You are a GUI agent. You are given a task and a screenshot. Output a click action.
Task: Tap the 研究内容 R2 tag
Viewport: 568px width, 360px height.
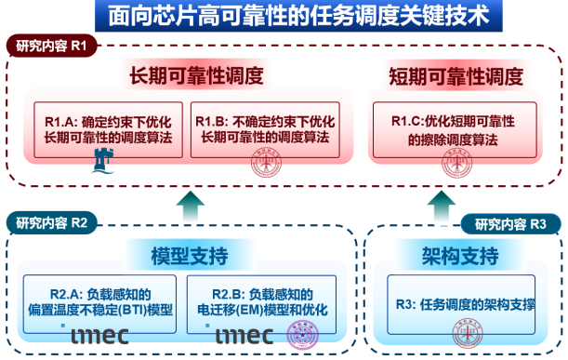52,222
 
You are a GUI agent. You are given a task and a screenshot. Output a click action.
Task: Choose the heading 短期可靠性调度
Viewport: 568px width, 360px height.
456,76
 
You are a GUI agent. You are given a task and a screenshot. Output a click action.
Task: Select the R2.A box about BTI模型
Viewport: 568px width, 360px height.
100,300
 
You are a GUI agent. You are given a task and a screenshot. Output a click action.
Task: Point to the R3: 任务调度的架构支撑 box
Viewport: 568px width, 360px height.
462,302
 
